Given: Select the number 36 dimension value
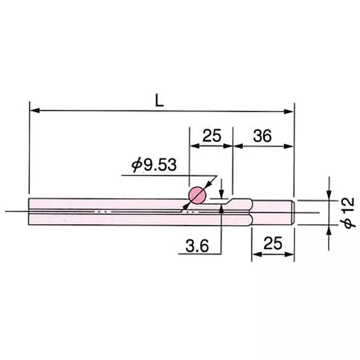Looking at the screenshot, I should [x=262, y=135].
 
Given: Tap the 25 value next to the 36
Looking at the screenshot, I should [x=211, y=135].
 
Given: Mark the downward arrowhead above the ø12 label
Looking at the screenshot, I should [x=329, y=195].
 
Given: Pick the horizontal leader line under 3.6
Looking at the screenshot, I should [x=198, y=254].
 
